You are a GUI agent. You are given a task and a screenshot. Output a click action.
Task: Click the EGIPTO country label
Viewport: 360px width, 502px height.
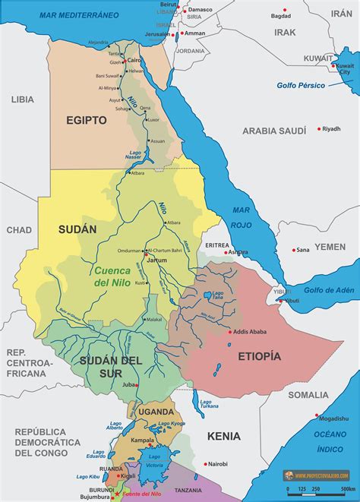coord(85,120)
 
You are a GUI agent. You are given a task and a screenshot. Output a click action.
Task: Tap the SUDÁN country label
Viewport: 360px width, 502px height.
coord(78,229)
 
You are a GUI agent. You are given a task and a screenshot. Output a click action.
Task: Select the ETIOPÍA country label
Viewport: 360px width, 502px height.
coord(260,355)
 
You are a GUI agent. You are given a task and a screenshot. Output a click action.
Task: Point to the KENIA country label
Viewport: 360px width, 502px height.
coord(223,436)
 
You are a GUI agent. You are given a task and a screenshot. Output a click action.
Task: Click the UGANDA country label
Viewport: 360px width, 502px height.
coord(156,411)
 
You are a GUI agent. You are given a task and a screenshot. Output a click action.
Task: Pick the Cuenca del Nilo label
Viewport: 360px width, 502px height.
coord(112,276)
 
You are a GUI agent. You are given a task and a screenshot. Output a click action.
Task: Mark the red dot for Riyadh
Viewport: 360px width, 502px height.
coord(319,128)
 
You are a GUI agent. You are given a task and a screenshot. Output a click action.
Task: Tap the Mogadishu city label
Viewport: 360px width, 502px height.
coord(334,418)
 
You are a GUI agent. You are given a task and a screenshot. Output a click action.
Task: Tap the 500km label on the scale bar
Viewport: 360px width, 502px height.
coord(349,488)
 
